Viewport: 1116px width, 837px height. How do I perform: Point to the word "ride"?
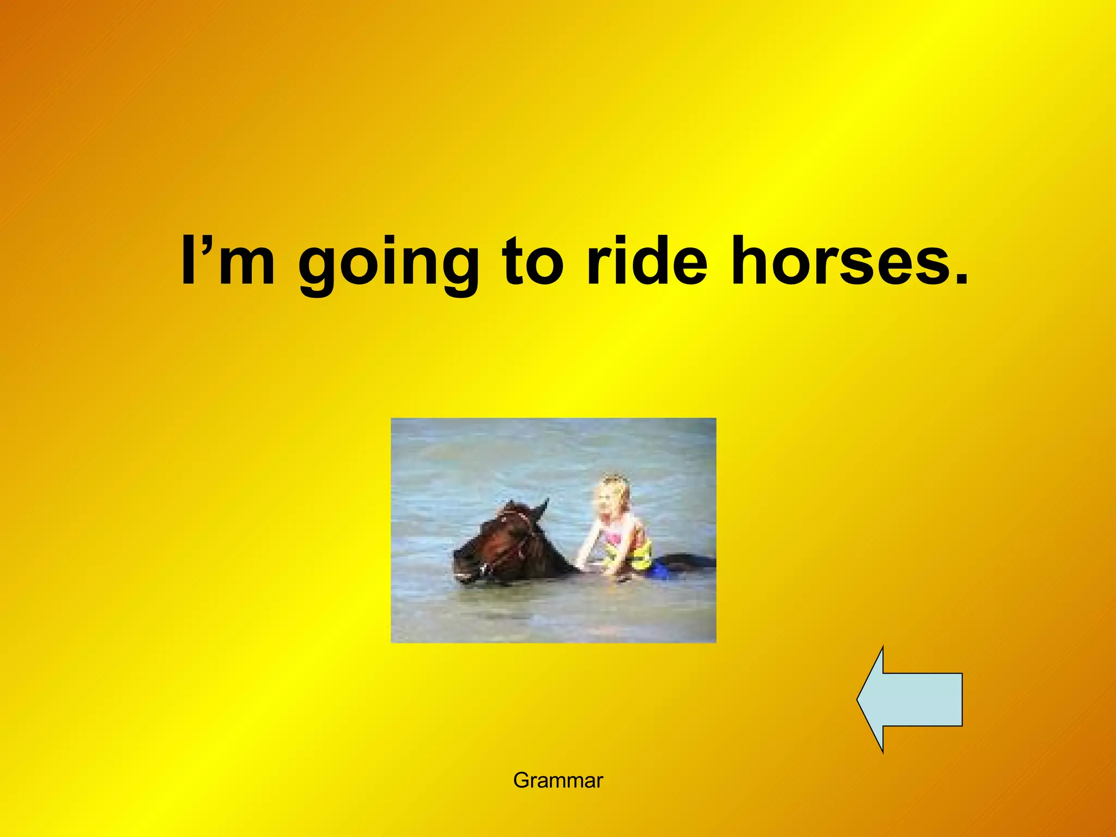(646, 260)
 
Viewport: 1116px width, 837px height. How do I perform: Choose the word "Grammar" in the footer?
(558, 781)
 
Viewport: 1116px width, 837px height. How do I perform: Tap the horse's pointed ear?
(542, 508)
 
